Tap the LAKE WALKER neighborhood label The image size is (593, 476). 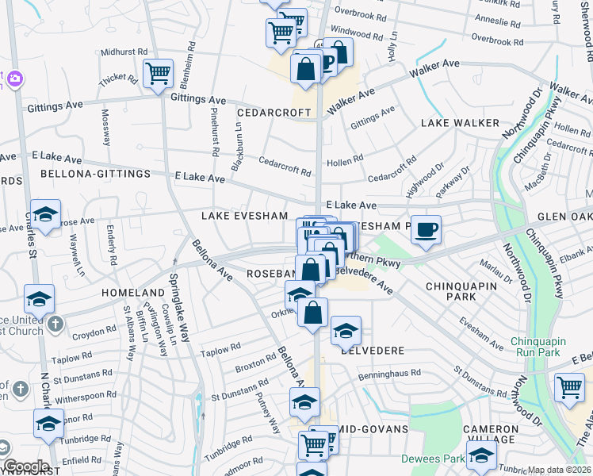pyautogui.click(x=460, y=123)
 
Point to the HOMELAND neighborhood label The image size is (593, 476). pyautogui.click(x=132, y=293)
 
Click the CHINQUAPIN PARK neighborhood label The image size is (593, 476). pyautogui.click(x=461, y=291)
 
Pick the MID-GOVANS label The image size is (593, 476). pyautogui.click(x=377, y=429)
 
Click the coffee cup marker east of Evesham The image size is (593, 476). pyautogui.click(x=426, y=229)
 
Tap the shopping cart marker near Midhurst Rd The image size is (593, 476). pyautogui.click(x=159, y=73)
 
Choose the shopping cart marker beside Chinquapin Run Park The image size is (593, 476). pyautogui.click(x=570, y=388)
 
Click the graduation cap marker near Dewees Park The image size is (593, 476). pyautogui.click(x=481, y=456)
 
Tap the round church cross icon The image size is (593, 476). pyautogui.click(x=55, y=323)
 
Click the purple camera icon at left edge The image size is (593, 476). pyautogui.click(x=13, y=79)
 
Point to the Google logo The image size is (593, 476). pyautogui.click(x=26, y=466)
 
